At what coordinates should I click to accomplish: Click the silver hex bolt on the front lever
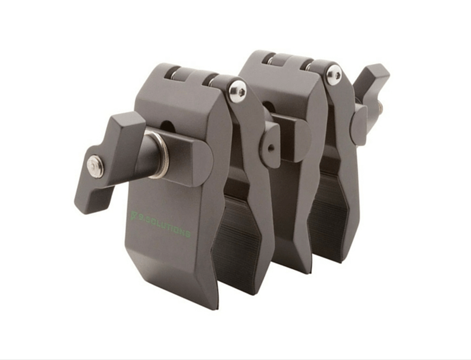coord(95,166)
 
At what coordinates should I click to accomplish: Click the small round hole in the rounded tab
coord(271,148)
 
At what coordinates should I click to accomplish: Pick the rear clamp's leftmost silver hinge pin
coord(271,61)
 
